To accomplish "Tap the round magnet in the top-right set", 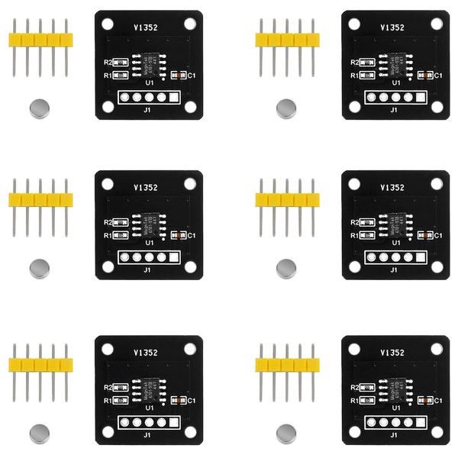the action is point(286,108).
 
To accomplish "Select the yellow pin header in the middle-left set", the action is point(39,200).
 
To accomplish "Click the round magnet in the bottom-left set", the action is point(38,434).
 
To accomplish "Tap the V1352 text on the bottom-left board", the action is point(145,353).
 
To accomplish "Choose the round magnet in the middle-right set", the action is point(286,267).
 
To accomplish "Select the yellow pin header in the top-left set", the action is point(39,39).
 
